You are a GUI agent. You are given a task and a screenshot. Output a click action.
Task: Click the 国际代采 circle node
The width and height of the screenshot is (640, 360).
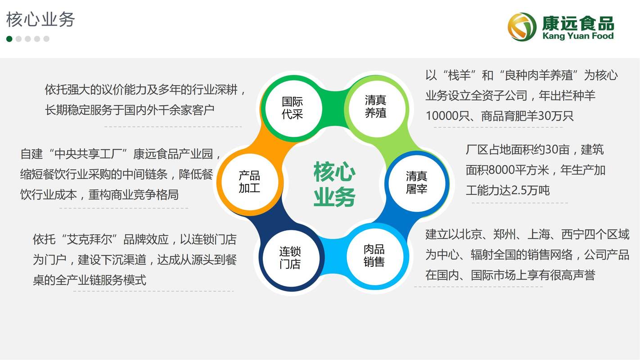[293, 108]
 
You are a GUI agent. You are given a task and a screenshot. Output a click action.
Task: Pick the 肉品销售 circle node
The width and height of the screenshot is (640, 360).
[374, 256]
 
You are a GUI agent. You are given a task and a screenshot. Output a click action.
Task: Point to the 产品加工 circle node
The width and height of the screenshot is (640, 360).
[249, 182]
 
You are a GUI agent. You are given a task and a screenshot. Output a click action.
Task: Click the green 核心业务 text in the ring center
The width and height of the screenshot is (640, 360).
[334, 184]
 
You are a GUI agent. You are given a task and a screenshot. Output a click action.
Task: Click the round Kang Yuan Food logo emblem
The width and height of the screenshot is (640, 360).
[522, 27]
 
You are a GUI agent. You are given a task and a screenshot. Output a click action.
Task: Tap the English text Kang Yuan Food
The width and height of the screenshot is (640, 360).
[578, 36]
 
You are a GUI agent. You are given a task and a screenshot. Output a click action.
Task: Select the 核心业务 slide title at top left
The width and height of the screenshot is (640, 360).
[41, 20]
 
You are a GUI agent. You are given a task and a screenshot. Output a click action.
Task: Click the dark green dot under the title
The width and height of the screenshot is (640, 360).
[9, 39]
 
